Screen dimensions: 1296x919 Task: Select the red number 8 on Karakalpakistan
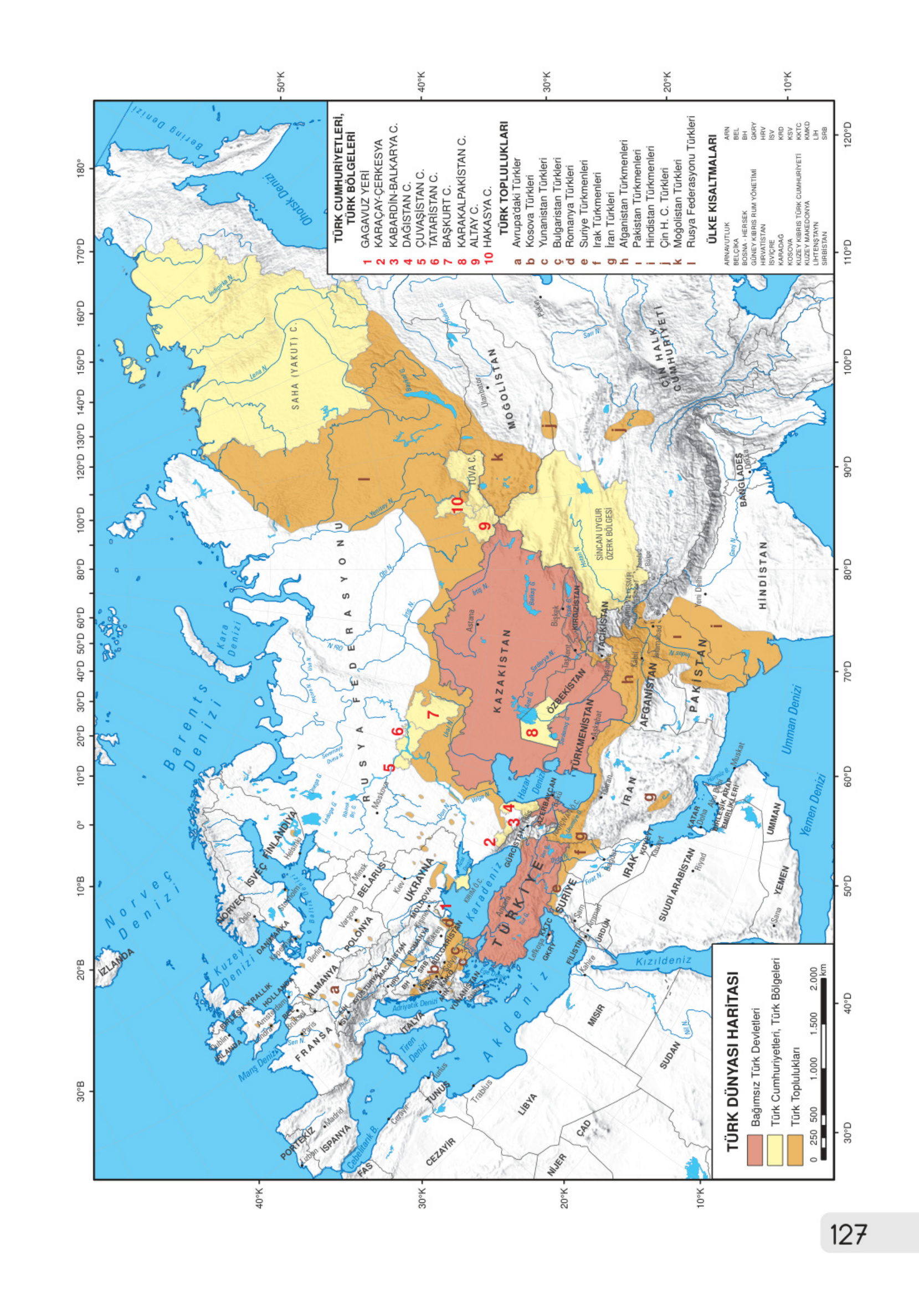532,732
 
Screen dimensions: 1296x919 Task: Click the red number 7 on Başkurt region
433,714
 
